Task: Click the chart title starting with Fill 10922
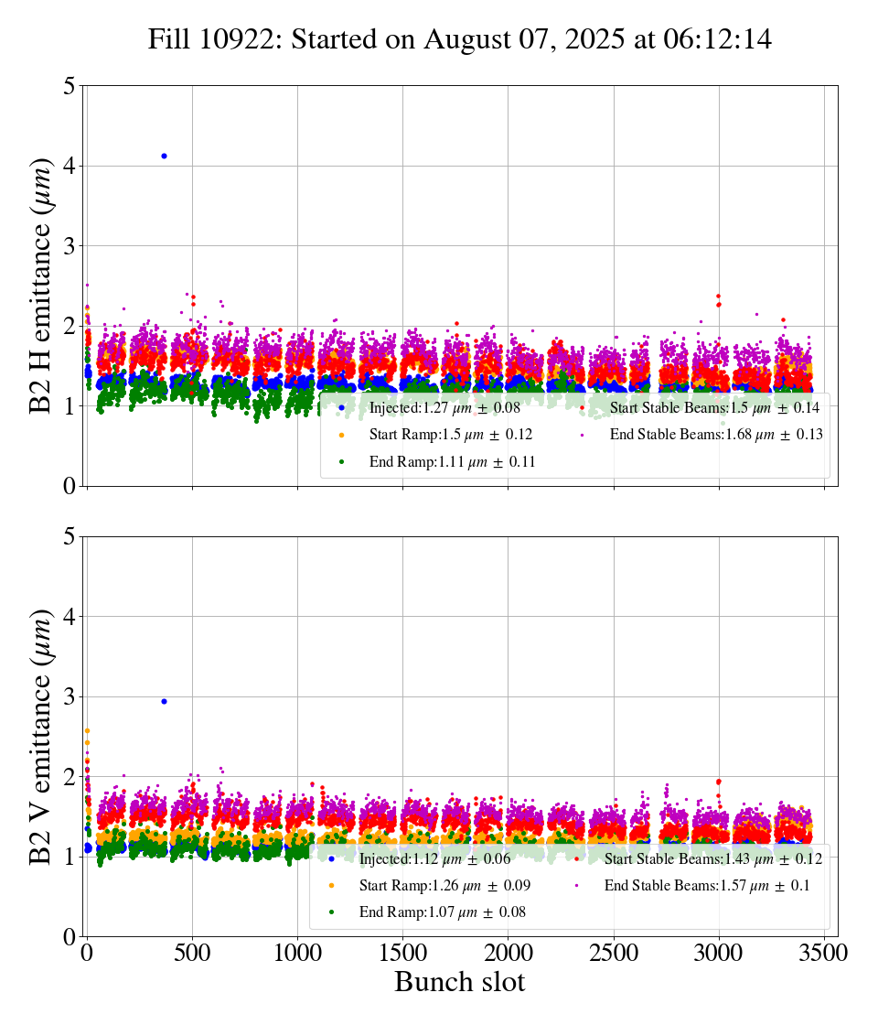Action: pos(460,39)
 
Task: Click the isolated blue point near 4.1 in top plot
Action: pos(164,156)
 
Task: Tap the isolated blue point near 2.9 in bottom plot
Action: pos(164,701)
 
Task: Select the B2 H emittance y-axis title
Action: pos(42,285)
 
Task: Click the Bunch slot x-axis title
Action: pos(460,983)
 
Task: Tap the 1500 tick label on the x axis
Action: pos(402,953)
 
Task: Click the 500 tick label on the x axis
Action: pos(192,953)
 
